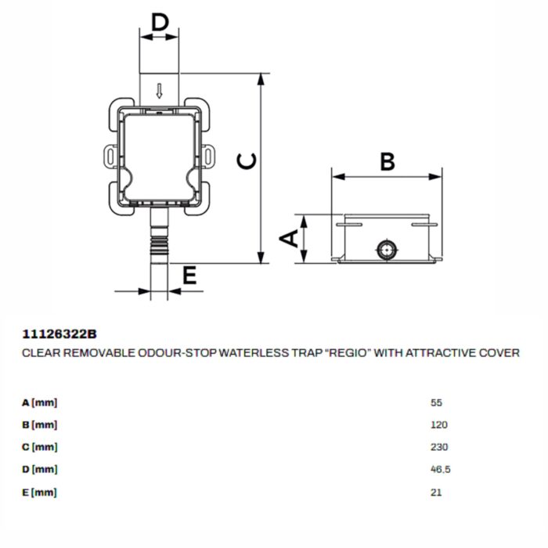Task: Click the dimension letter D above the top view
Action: (x=160, y=23)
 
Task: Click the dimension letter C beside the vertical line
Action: (x=247, y=161)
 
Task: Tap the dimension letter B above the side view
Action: (x=388, y=161)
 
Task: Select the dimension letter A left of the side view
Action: (x=289, y=239)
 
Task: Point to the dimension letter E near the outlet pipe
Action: (x=189, y=275)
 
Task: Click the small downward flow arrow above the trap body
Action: (x=160, y=91)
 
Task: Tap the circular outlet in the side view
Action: (x=387, y=250)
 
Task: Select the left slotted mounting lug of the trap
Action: (x=110, y=156)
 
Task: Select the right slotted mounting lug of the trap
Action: (x=208, y=156)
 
